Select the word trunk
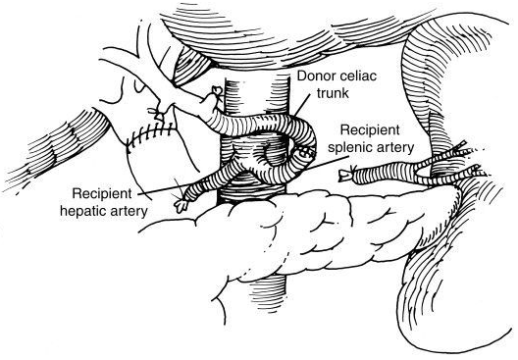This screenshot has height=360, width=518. click(333, 93)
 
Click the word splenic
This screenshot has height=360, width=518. click(349, 148)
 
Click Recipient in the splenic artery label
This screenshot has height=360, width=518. click(370, 129)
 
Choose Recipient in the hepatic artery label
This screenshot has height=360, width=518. click(102, 193)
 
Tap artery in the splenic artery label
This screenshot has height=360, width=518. click(394, 148)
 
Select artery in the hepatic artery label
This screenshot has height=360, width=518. click(128, 211)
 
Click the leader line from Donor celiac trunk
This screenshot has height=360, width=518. click(302, 105)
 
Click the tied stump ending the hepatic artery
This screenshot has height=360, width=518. click(181, 205)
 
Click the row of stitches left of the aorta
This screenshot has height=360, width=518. click(151, 134)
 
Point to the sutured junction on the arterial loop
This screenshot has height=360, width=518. click(305, 153)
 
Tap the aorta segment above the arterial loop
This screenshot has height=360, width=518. click(257, 96)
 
